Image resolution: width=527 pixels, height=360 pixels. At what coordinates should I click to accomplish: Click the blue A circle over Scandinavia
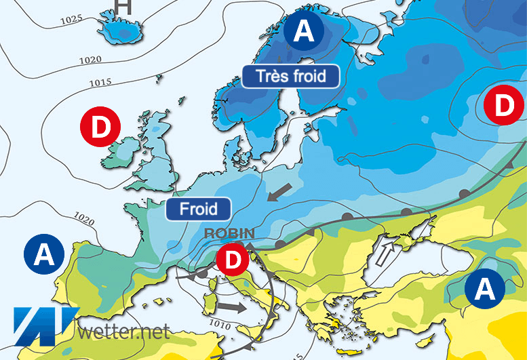coord(305,32)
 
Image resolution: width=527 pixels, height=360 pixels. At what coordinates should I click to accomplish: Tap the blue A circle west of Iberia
coord(44,254)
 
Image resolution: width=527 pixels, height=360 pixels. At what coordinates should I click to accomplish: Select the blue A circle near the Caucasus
coord(484,289)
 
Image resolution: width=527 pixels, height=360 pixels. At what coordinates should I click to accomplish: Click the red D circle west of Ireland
coord(100,127)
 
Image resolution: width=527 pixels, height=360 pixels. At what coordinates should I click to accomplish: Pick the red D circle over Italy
coord(233,259)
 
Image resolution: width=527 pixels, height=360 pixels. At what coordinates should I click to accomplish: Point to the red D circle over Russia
coord(503,106)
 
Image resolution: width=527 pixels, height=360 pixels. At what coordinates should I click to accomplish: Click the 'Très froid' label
coord(291,75)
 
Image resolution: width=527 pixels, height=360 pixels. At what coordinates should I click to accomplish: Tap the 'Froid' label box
coord(198,208)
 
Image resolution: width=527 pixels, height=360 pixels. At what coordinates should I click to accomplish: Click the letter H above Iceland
coord(123,7)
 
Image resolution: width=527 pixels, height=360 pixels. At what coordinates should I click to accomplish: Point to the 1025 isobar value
coord(71,20)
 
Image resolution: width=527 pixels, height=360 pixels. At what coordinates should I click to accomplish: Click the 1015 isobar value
coord(100,83)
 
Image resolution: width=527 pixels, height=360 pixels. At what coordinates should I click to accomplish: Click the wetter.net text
coord(123,332)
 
